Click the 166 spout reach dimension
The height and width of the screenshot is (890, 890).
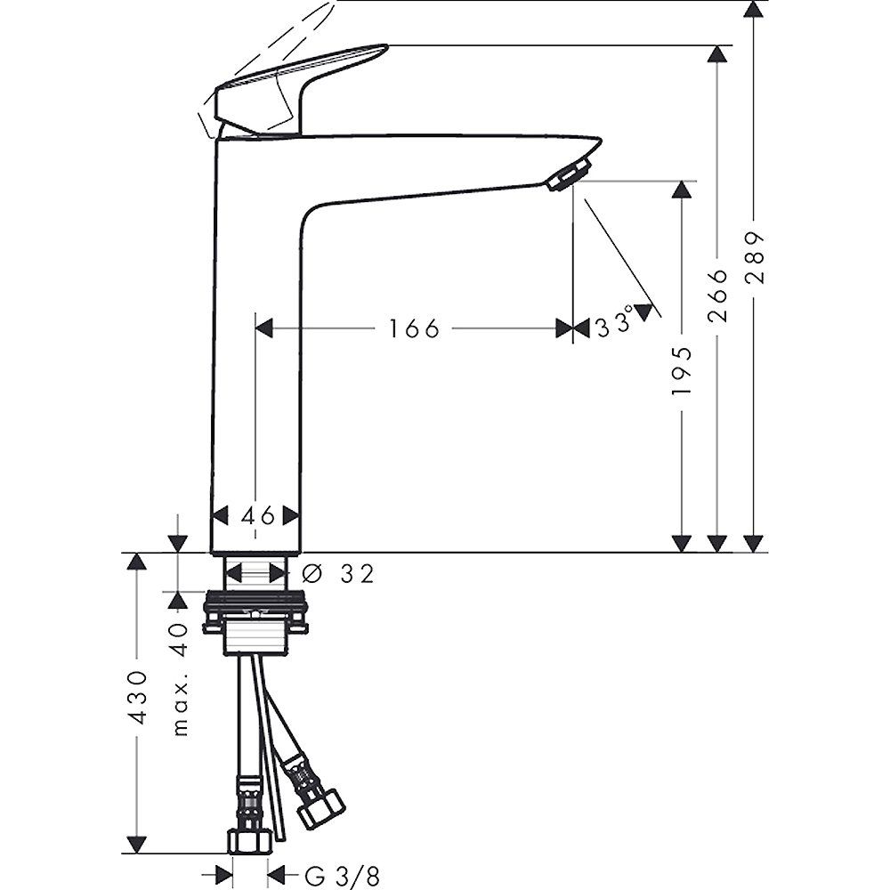[x=414, y=328]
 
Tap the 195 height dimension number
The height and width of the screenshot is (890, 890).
[x=682, y=371]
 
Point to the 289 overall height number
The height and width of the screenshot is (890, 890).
[x=756, y=257]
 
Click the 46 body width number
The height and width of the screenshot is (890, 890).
[x=258, y=516]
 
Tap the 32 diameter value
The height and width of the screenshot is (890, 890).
[x=358, y=574]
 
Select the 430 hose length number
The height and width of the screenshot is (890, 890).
[x=138, y=697]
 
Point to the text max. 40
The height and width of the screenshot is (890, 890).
[x=180, y=679]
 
